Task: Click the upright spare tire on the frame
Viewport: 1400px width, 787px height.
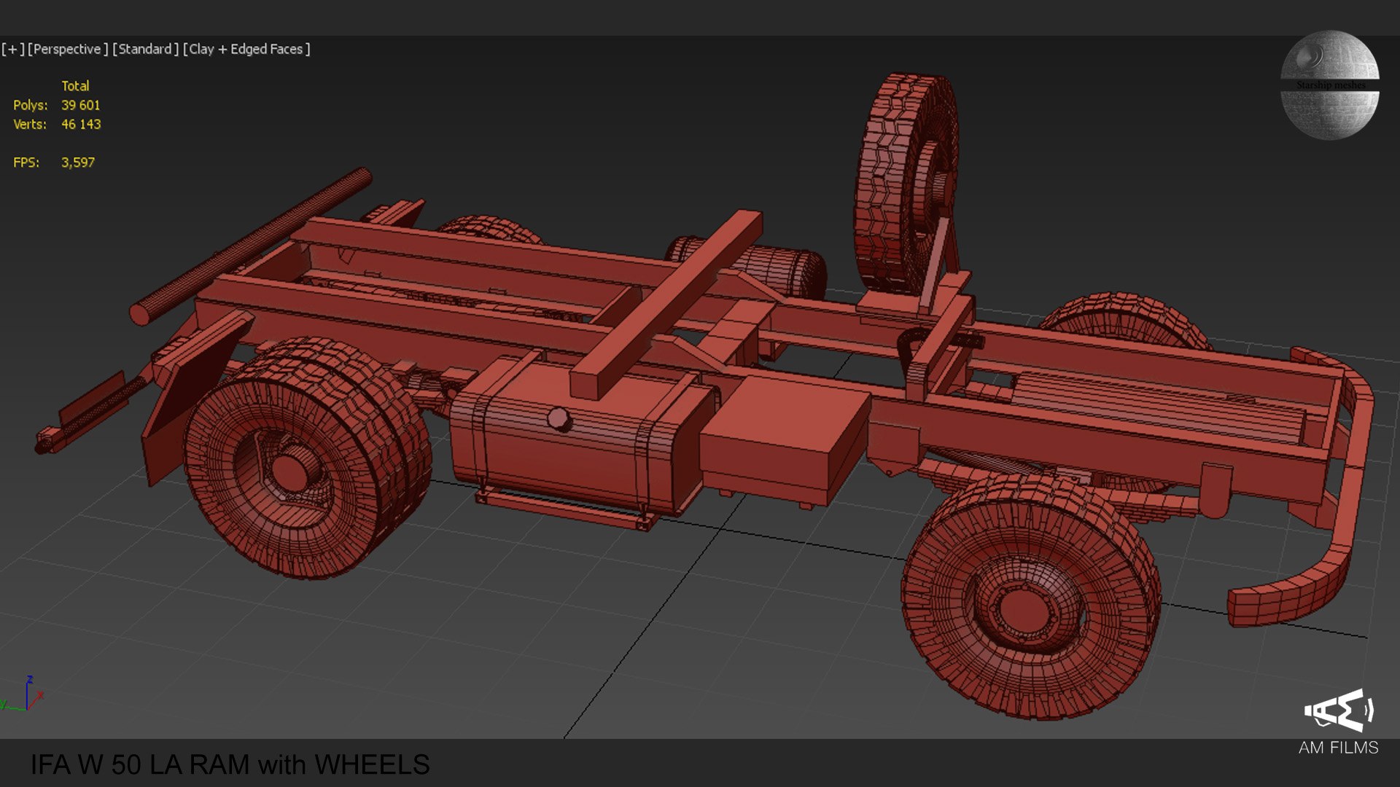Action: coord(904,182)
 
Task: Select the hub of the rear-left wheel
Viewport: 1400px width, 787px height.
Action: coord(290,470)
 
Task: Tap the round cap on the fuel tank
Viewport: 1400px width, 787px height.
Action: coord(559,419)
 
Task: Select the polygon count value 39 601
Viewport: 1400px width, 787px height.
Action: coord(80,106)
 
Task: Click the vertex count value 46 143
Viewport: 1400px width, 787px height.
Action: coord(81,125)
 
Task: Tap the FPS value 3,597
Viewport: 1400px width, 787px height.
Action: coord(78,163)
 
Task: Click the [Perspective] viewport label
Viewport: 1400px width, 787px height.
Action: coord(67,49)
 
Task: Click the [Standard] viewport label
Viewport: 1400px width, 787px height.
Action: coord(145,49)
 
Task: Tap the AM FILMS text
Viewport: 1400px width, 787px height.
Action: coord(1338,748)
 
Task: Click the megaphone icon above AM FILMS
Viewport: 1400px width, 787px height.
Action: coord(1339,710)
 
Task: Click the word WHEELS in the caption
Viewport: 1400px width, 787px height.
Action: coord(372,764)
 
